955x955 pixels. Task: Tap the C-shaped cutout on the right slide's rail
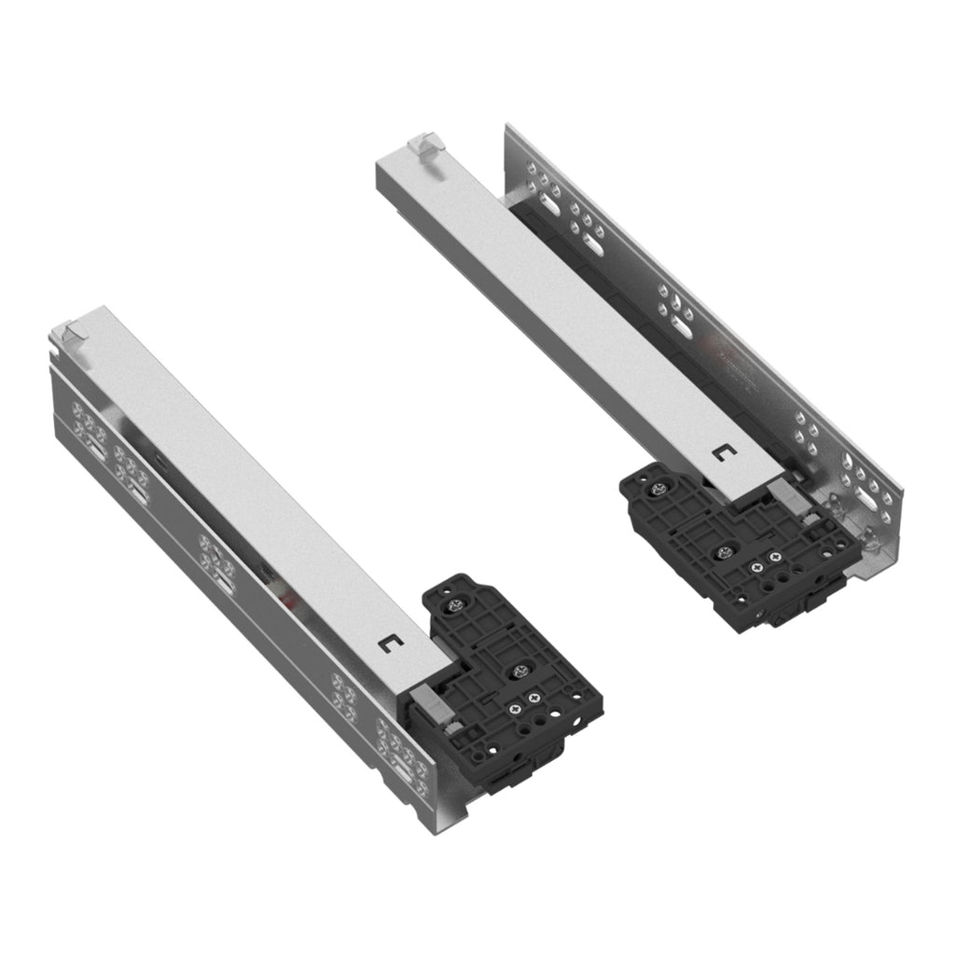[x=721, y=454]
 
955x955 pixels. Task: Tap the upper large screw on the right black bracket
[x=661, y=488]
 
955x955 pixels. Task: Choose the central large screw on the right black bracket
[x=723, y=552]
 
